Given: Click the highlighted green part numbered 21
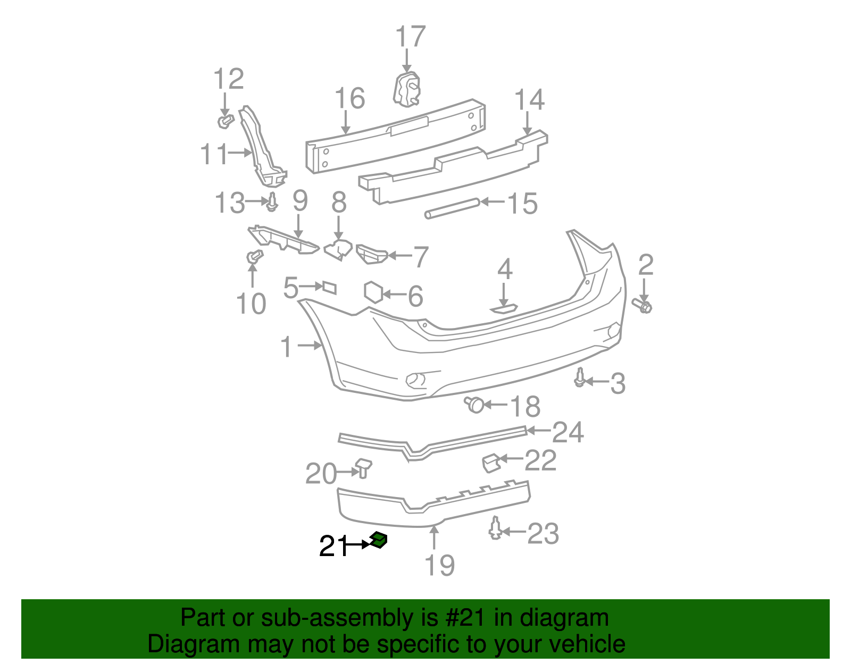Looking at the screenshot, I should [x=379, y=540].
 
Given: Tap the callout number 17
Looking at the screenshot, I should [x=410, y=37].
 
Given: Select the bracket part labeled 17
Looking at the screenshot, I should [x=407, y=89].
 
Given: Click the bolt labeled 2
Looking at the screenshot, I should [x=643, y=306].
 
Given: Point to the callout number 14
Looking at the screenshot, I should [x=529, y=100].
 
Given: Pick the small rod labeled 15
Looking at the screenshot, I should [x=452, y=208].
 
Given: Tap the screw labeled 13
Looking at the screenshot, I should [x=272, y=203].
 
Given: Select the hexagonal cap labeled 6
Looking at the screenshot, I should [x=373, y=292].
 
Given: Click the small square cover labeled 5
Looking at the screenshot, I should [x=329, y=288].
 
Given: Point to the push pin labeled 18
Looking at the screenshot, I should [x=474, y=405].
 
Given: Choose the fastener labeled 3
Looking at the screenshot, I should [x=580, y=377].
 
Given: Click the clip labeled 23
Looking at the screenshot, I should [x=496, y=528].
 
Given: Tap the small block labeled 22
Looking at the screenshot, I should [x=490, y=463].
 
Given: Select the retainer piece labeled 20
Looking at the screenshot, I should [x=364, y=467].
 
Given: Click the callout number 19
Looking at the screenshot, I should [x=440, y=565].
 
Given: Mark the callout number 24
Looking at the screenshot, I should [x=568, y=432].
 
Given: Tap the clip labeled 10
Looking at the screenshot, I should [x=254, y=257].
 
